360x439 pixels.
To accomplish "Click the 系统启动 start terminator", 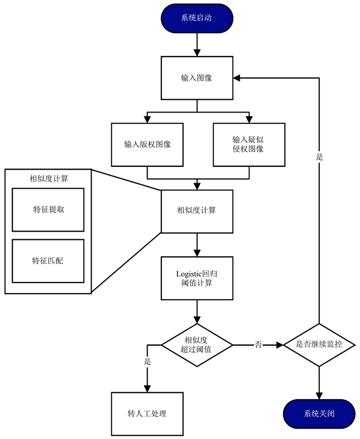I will pyautogui.click(x=196, y=18).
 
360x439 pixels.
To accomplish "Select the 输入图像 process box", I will pyautogui.click(x=196, y=78).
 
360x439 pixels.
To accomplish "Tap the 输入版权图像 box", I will pyautogui.click(x=148, y=145).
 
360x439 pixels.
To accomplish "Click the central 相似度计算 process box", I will pyautogui.click(x=196, y=211).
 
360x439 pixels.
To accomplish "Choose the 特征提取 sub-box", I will pyautogui.click(x=48, y=210).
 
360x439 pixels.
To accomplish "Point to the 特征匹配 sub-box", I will pyautogui.click(x=48, y=261).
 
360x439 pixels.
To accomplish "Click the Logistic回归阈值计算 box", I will pyautogui.click(x=196, y=278).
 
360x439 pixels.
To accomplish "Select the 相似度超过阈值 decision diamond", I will pyautogui.click(x=196, y=345).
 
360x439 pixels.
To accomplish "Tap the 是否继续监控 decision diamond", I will pyautogui.click(x=319, y=345).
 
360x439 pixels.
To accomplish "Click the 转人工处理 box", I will pyautogui.click(x=147, y=414).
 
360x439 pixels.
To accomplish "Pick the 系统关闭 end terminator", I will pyautogui.click(x=319, y=414).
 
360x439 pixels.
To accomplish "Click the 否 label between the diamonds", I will pyautogui.click(x=258, y=345).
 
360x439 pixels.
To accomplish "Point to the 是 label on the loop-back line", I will pyautogui.click(x=319, y=157).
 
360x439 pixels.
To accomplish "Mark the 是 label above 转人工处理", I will pyautogui.click(x=147, y=362).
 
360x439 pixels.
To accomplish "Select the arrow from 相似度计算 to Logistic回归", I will pyautogui.click(x=196, y=244).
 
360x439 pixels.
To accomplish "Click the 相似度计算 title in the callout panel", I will pyautogui.click(x=48, y=178).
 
